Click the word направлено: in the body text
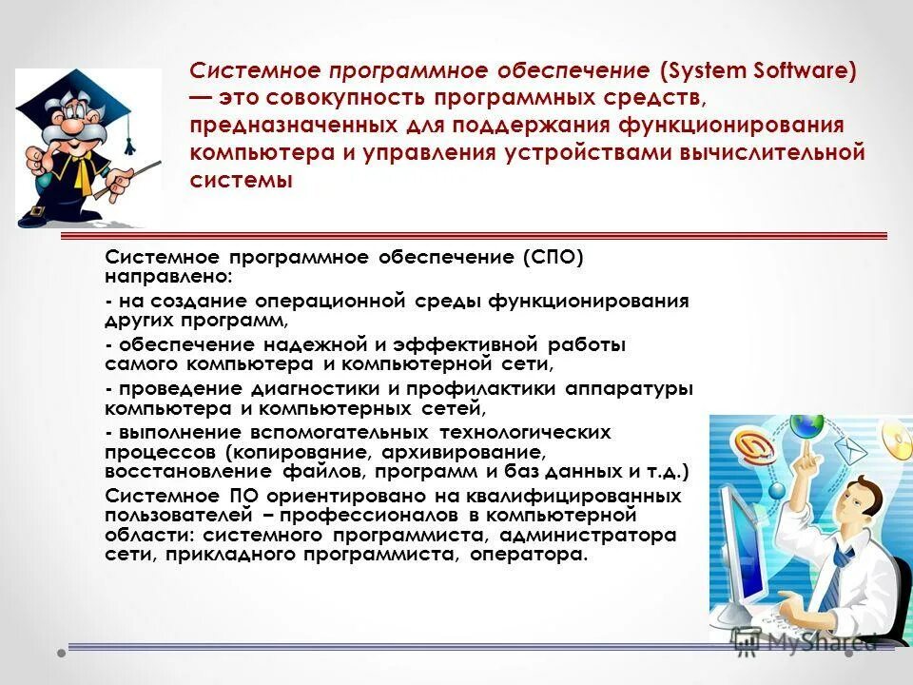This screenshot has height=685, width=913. click(x=167, y=277)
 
